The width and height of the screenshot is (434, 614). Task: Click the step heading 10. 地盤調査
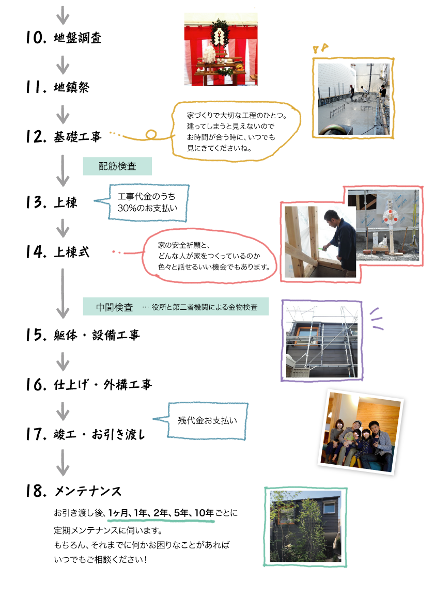(x=64, y=38)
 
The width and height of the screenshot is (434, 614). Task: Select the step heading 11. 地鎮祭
(x=57, y=87)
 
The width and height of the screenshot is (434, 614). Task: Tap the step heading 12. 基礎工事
(x=64, y=137)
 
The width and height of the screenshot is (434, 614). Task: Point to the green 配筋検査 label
(x=117, y=166)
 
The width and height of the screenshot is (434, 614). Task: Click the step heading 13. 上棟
(x=52, y=202)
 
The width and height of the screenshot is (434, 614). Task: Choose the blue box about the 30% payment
(x=148, y=202)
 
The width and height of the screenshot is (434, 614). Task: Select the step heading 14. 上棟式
(x=57, y=252)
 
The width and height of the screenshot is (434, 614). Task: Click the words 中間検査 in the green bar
(x=114, y=307)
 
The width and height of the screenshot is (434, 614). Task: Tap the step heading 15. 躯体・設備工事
(x=83, y=335)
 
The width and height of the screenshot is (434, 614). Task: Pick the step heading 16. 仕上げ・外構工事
(x=89, y=385)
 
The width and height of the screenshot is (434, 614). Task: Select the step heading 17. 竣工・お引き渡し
(x=85, y=434)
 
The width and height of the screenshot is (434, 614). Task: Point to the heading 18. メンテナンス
(x=74, y=491)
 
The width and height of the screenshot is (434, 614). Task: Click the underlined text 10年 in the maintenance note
(x=204, y=513)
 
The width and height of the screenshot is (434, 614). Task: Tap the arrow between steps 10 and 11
(x=63, y=65)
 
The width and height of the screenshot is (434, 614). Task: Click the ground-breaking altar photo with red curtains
(x=221, y=50)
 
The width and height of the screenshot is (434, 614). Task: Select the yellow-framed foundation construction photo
(x=353, y=98)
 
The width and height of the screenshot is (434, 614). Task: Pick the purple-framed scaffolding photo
(x=321, y=341)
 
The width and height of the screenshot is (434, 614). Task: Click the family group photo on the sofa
(x=361, y=432)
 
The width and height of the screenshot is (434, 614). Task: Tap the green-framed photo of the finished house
(x=305, y=527)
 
